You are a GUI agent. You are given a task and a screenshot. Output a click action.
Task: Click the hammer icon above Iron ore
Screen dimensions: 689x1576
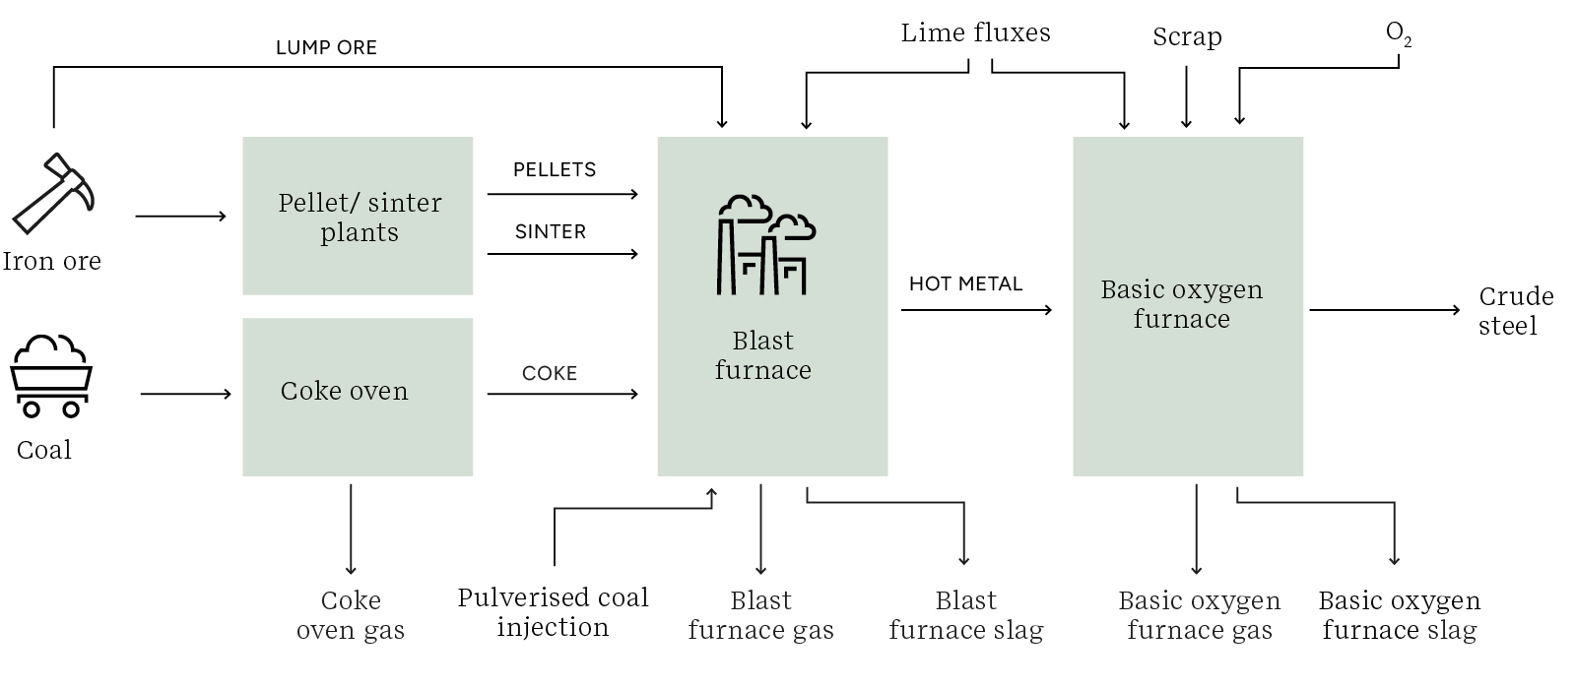coord(53,194)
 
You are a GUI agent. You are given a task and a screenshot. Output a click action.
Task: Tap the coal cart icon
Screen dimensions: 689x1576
coord(50,376)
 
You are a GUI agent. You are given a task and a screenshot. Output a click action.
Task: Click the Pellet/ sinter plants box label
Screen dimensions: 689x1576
coord(360,218)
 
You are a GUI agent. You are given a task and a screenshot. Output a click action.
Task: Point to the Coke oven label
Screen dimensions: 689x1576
coord(344,391)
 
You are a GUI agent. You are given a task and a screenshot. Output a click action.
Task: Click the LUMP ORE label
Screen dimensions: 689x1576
coord(326,47)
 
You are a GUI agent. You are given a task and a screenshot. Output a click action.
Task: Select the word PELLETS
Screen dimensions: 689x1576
coord(555,169)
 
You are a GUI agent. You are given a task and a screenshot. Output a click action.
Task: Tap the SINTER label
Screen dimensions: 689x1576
coord(550,231)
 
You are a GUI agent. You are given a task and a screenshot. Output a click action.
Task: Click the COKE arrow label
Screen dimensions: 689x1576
coord(549,373)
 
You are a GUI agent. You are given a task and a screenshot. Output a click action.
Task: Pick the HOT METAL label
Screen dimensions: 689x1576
coord(965,283)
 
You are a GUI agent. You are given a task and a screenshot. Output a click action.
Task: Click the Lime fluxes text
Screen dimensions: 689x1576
coord(975,32)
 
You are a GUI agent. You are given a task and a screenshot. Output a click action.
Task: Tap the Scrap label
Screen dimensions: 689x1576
coord(1187,37)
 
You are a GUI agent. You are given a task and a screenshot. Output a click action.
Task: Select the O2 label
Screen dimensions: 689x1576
coord(1398,33)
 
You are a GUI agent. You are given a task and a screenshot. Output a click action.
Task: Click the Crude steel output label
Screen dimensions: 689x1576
coord(1515,311)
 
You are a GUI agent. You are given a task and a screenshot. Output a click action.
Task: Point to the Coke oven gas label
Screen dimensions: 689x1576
coord(351,615)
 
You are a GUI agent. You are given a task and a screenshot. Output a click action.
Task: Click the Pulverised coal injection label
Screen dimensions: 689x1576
coord(553,612)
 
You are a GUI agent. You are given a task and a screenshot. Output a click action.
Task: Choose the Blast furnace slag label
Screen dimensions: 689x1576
coord(965,615)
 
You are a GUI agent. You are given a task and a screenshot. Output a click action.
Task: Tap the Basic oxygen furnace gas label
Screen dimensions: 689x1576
coord(1199,615)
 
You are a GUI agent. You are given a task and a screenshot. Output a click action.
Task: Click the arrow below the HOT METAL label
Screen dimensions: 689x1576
coord(975,310)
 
